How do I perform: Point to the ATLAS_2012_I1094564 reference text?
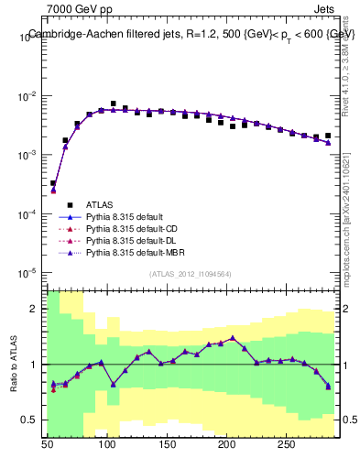[x=191, y=274]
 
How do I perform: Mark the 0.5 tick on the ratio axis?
[x=30, y=420]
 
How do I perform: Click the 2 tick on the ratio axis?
[x=35, y=309]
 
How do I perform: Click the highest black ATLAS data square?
[x=113, y=104]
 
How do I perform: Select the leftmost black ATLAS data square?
[x=53, y=183]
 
